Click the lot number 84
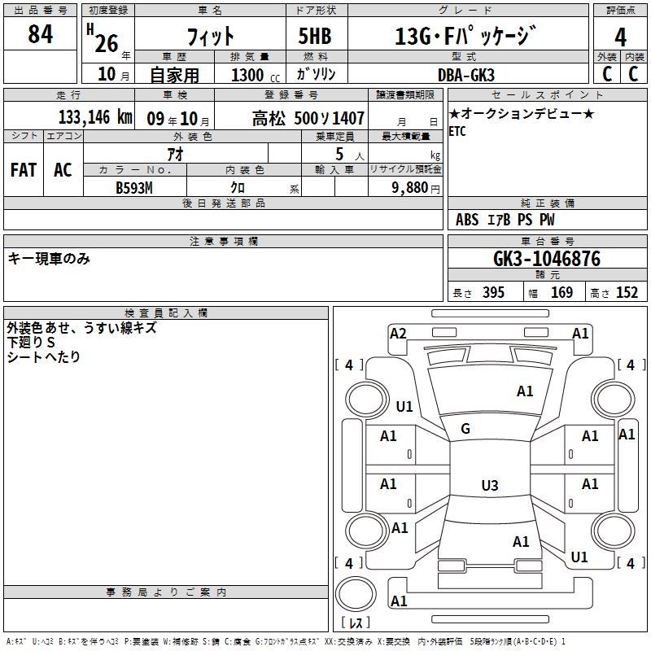coord(40,36)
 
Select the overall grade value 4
coord(621,37)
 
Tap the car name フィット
coord(210,37)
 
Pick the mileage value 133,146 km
coord(95,117)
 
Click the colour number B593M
coord(135,186)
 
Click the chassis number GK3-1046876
coord(547,259)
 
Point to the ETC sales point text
coord(457,133)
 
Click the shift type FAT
coord(23,170)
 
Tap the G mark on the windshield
coord(465,429)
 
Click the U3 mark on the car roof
coord(489,486)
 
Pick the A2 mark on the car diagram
coord(398,333)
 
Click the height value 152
coord(626,293)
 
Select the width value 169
coord(561,293)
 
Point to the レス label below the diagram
coord(355,623)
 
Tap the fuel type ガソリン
coord(317,75)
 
